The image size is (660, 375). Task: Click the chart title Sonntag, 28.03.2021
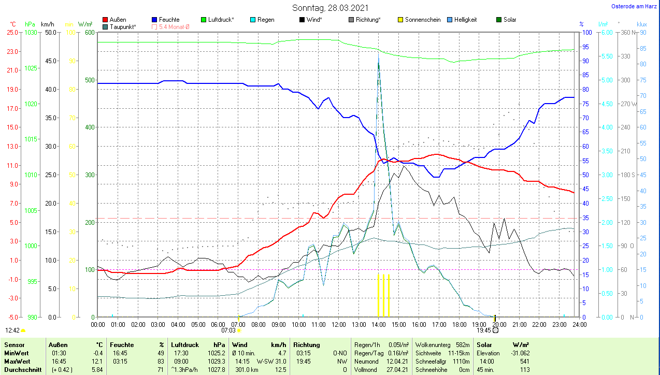click(331, 8)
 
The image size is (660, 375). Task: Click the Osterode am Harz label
click(634, 6)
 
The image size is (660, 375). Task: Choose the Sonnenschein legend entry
click(419, 20)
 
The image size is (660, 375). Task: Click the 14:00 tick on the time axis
click(378, 325)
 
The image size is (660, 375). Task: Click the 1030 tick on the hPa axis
click(31, 33)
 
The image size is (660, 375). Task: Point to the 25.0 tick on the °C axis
click(12, 33)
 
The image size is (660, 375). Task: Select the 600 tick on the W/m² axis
click(89, 33)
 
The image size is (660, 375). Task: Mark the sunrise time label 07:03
click(228, 330)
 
